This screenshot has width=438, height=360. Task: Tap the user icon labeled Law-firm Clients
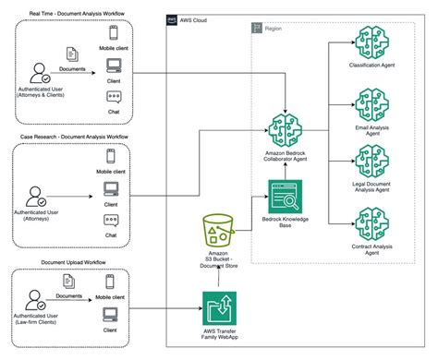point(39,303)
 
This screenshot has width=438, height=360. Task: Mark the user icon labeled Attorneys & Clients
point(39,73)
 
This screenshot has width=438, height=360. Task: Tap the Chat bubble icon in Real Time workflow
point(114,98)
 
